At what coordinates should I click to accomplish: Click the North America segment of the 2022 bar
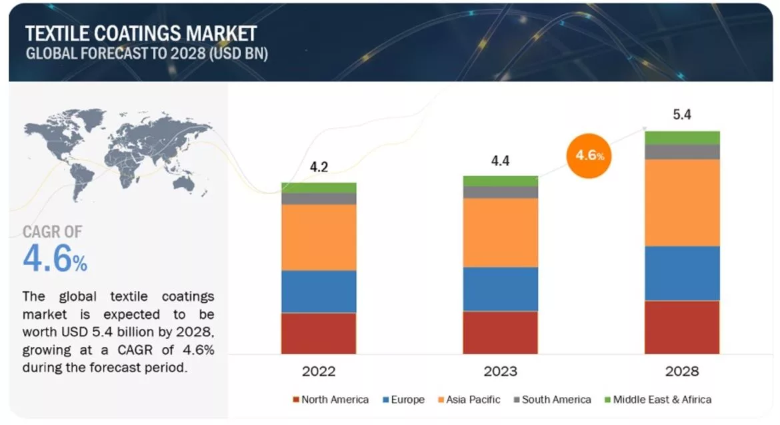click(x=318, y=333)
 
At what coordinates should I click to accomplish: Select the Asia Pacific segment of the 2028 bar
click(x=681, y=202)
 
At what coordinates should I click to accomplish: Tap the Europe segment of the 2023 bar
click(x=500, y=289)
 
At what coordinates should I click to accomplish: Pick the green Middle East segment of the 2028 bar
click(x=681, y=137)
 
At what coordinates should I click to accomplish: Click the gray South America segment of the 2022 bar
click(x=318, y=198)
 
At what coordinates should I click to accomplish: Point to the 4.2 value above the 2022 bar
click(x=319, y=167)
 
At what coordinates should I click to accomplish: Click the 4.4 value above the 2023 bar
click(x=501, y=161)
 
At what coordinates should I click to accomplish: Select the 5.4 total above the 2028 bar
click(x=682, y=115)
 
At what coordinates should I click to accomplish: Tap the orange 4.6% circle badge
click(x=589, y=155)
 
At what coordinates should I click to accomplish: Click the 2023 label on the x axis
click(x=500, y=371)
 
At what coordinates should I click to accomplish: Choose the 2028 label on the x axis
click(x=681, y=371)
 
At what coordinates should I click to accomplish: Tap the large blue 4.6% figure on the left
click(x=55, y=259)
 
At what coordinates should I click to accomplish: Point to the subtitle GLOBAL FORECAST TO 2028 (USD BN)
click(x=147, y=54)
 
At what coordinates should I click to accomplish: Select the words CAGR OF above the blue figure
click(x=53, y=232)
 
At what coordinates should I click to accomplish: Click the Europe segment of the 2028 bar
click(x=681, y=273)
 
